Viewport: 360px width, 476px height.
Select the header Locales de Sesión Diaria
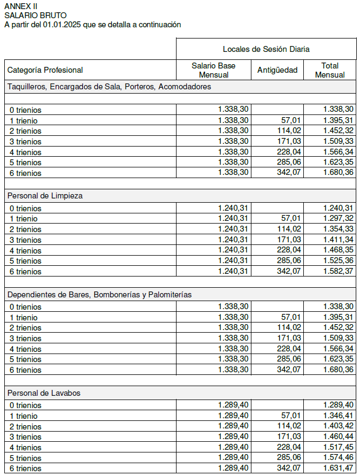pyautogui.click(x=266, y=49)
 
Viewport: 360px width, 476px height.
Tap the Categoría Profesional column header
pyautogui.click(x=45, y=70)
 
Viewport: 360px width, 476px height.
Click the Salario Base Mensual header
pyautogui.click(x=213, y=70)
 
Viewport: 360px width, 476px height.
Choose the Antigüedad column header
pyautogui.click(x=277, y=70)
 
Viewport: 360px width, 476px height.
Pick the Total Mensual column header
pyautogui.click(x=330, y=70)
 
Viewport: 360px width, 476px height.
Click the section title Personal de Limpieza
pyautogui.click(x=45, y=196)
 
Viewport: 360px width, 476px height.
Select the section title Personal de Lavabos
pyautogui.click(x=44, y=393)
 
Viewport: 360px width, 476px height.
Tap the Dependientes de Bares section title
pyautogui.click(x=99, y=294)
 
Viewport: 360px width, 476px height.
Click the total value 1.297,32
pyautogui.click(x=338, y=219)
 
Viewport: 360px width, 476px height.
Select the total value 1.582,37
pyautogui.click(x=338, y=271)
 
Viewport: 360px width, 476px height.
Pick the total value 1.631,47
pyautogui.click(x=338, y=468)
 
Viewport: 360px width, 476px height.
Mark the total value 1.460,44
pyautogui.click(x=338, y=437)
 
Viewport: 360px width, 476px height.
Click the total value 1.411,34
pyautogui.click(x=338, y=240)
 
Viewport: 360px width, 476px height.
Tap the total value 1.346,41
pyautogui.click(x=338, y=416)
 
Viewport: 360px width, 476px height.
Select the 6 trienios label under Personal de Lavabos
pyautogui.click(x=25, y=469)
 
